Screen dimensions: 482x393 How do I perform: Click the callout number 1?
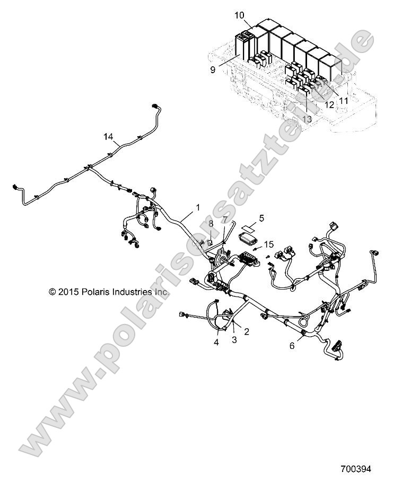click(x=199, y=206)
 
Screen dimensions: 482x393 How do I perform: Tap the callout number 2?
click(x=246, y=331)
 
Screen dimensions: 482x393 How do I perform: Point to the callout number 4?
click(x=216, y=342)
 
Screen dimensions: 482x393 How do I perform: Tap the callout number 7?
click(x=225, y=219)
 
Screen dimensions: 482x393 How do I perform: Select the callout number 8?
click(x=210, y=224)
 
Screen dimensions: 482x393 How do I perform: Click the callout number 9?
click(x=212, y=69)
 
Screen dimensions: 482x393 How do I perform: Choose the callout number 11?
click(x=344, y=100)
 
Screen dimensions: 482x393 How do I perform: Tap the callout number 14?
click(x=108, y=137)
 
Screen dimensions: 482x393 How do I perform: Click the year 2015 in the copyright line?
click(x=68, y=292)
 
